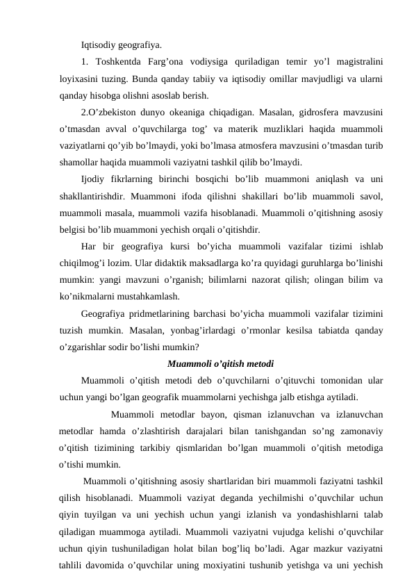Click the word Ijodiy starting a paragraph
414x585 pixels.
94,180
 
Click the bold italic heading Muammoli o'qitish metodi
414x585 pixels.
220,363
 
